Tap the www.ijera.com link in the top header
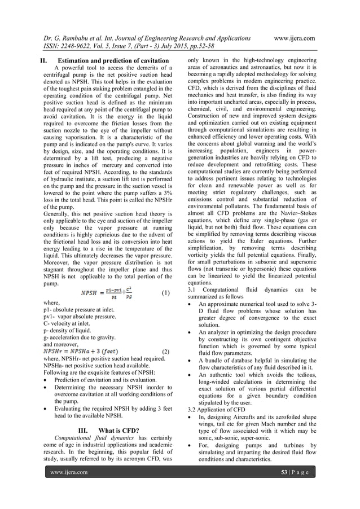pyautogui.click(x=294, y=38)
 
